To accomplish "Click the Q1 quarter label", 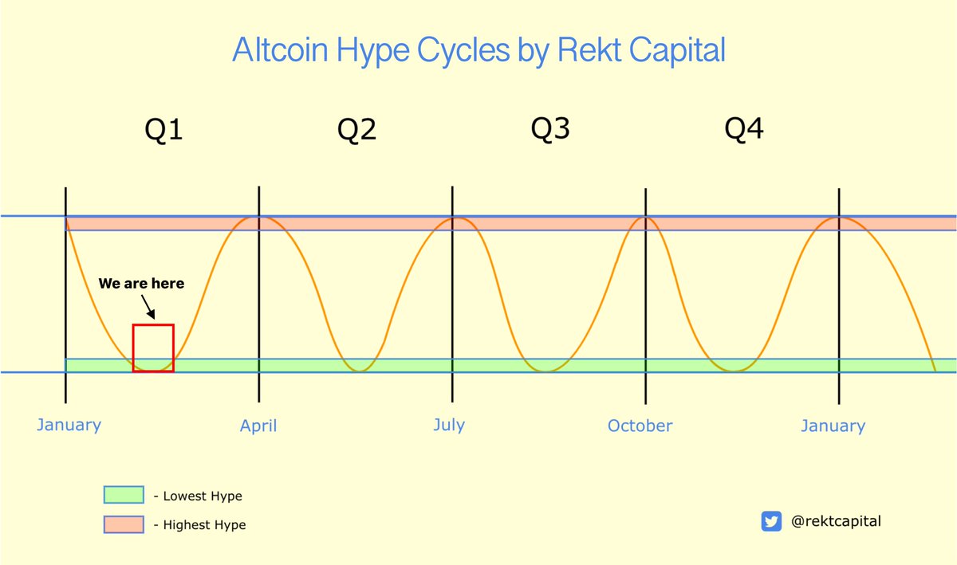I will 163,129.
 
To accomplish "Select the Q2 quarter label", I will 356,129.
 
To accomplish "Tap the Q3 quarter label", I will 550,128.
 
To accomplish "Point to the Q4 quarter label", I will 743,128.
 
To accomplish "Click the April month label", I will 258,426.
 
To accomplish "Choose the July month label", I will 449,425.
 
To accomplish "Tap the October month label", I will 640,426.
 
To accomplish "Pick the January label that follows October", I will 833,426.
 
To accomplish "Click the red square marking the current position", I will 153,348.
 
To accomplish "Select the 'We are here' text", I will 141,283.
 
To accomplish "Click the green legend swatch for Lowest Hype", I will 124,496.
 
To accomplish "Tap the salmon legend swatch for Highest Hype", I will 124,524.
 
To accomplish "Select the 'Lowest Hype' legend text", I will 202,496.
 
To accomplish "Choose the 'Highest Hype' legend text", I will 204,524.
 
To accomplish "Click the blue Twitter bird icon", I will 771,521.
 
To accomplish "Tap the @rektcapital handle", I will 836,521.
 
